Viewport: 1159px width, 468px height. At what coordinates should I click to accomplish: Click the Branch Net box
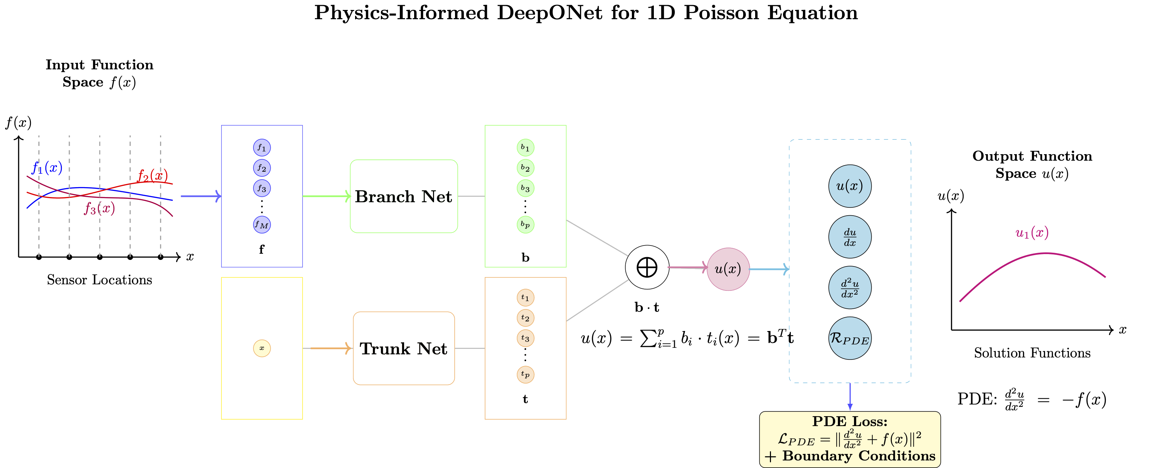(x=404, y=196)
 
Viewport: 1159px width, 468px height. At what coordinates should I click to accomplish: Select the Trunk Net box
(x=404, y=348)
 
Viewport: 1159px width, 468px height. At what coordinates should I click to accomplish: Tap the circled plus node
(x=647, y=267)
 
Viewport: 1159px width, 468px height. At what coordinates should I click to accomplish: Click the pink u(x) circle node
(x=728, y=269)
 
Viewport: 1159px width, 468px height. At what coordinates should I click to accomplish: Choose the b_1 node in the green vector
(x=525, y=148)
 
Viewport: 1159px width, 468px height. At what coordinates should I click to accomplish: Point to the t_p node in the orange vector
(x=525, y=374)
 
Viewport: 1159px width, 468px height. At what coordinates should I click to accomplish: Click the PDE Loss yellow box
(x=850, y=439)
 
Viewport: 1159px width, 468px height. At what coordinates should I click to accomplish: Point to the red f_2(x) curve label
(x=152, y=175)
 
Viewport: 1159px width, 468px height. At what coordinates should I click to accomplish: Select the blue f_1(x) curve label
(x=47, y=168)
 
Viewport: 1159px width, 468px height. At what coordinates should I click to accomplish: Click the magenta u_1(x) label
(x=1032, y=233)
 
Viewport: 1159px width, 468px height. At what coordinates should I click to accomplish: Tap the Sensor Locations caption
(x=100, y=280)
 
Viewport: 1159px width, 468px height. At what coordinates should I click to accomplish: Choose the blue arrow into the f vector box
(x=200, y=196)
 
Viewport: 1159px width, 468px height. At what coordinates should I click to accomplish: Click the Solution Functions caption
(x=1032, y=353)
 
